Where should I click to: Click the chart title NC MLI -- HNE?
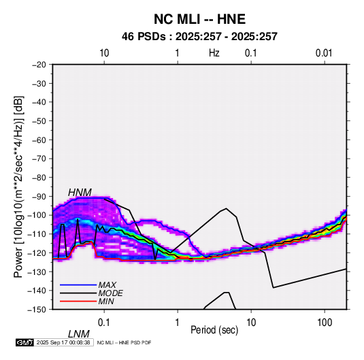pyautogui.click(x=199, y=19)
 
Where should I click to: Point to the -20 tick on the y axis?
pyautogui.click(x=39, y=65)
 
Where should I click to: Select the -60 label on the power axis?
pyautogui.click(x=39, y=140)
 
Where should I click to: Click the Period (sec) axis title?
pyautogui.click(x=214, y=330)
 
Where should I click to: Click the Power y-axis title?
pyautogui.click(x=18, y=187)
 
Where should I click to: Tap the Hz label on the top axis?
pyautogui.click(x=214, y=53)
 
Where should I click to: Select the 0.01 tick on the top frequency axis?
pyautogui.click(x=324, y=53)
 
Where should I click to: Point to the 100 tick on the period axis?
pyautogui.click(x=325, y=323)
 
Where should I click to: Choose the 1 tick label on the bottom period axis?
pyautogui.click(x=177, y=323)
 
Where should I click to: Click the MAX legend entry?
pyautogui.click(x=107, y=284)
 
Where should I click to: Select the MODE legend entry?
pyautogui.click(x=110, y=293)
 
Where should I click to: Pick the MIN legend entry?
pyautogui.click(x=106, y=301)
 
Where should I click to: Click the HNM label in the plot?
pyautogui.click(x=80, y=193)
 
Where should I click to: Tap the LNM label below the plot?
pyautogui.click(x=79, y=334)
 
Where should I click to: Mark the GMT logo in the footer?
pyautogui.click(x=25, y=342)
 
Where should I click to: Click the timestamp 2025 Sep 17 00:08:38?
pyautogui.click(x=63, y=342)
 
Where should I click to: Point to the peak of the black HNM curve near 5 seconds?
pyautogui.click(x=226, y=208)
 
